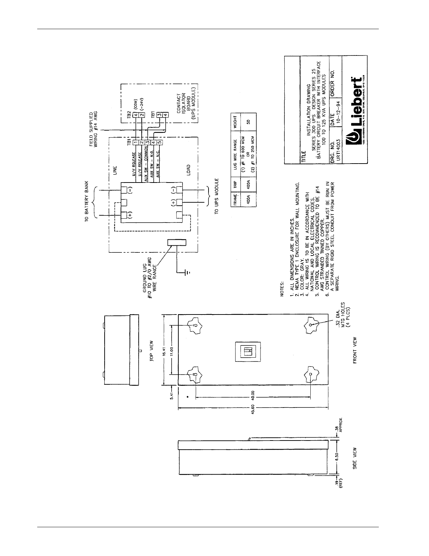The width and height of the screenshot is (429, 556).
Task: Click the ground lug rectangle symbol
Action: [177, 242]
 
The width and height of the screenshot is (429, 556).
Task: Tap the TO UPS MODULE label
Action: [217, 196]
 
